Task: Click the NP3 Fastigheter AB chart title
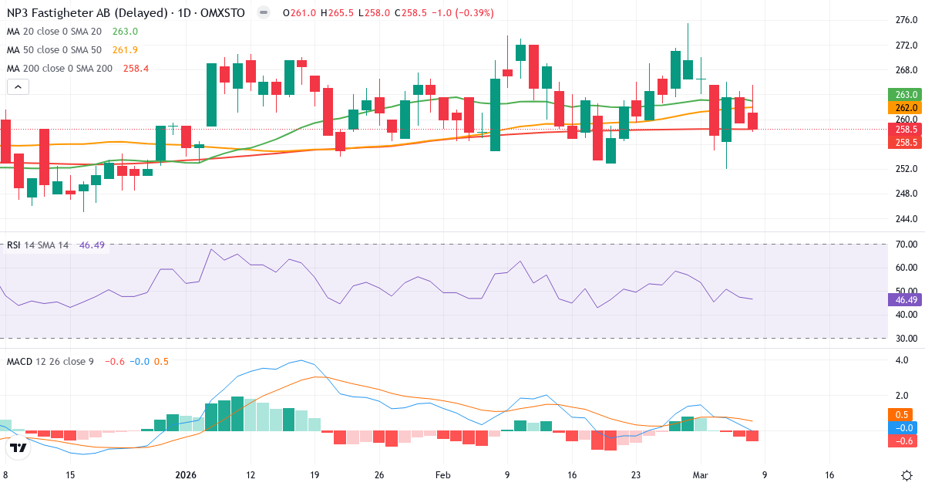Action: [x=89, y=13]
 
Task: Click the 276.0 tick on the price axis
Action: [x=906, y=20]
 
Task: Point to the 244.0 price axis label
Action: [x=906, y=218]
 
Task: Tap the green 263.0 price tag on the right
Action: [x=906, y=95]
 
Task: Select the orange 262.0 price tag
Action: [x=906, y=108]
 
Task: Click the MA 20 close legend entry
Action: [x=54, y=32]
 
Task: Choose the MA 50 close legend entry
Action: [x=54, y=50]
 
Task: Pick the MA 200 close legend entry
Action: [x=57, y=69]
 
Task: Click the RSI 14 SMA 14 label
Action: [x=38, y=245]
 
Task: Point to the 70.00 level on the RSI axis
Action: [x=906, y=245]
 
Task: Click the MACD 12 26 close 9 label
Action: [x=50, y=361]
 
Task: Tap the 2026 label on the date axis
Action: [x=187, y=475]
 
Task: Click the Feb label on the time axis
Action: [x=442, y=475]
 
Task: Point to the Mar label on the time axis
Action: [x=700, y=475]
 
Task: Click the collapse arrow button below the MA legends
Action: [x=17, y=87]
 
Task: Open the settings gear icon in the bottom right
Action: [x=907, y=474]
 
